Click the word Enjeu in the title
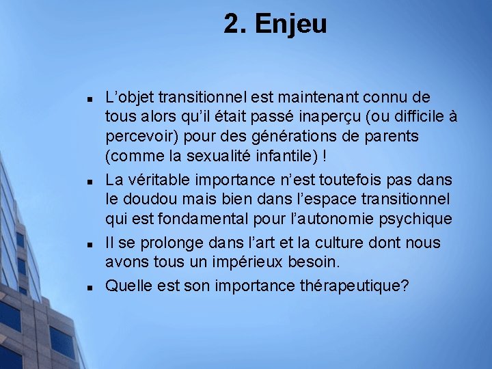point(290,25)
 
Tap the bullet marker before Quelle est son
point(89,287)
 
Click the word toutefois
point(355,180)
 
